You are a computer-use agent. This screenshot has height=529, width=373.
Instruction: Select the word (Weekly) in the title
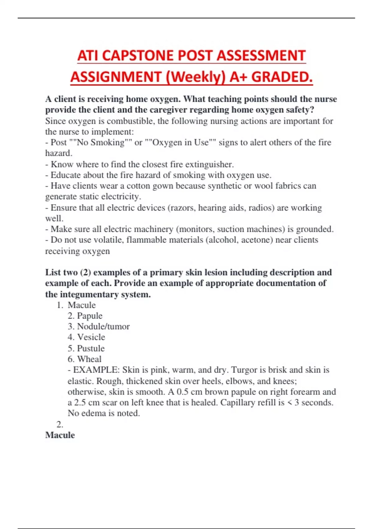click(195, 77)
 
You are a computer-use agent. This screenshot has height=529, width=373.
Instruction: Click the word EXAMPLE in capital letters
click(96, 370)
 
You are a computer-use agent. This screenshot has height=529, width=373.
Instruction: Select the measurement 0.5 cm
click(187, 392)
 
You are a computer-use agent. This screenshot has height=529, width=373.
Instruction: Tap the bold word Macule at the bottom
click(60, 435)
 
